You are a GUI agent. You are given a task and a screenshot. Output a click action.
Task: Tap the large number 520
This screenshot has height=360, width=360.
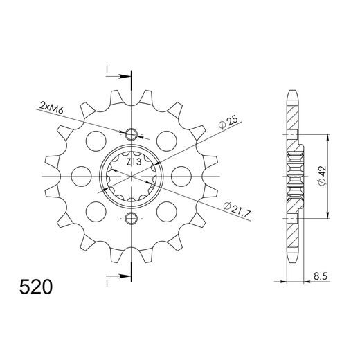click(34, 286)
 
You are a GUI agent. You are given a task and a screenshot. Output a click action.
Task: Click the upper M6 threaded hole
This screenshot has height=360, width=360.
click(132, 134)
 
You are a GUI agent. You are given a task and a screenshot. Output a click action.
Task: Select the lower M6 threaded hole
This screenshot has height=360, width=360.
click(132, 219)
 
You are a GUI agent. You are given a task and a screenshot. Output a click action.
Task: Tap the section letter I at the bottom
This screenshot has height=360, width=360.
click(109, 283)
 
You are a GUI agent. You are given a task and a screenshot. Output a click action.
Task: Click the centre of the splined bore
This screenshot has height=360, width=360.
click(132, 177)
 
